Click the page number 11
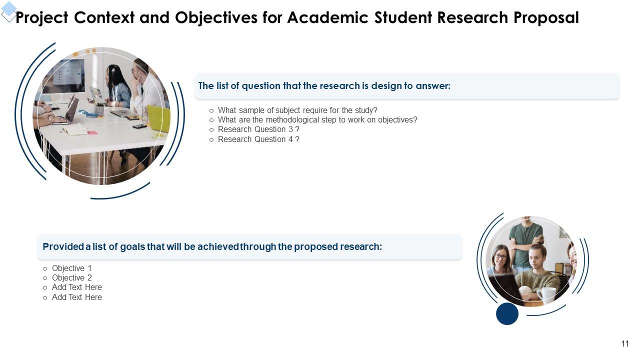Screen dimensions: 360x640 click(x=625, y=343)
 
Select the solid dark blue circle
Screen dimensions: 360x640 click(x=507, y=313)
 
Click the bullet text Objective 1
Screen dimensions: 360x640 click(x=71, y=268)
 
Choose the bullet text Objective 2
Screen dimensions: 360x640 click(x=71, y=278)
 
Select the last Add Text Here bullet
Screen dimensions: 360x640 click(x=76, y=297)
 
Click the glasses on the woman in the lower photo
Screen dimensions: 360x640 click(x=500, y=256)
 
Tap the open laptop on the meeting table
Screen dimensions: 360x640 click(x=69, y=110)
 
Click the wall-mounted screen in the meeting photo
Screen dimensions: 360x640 click(x=68, y=75)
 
